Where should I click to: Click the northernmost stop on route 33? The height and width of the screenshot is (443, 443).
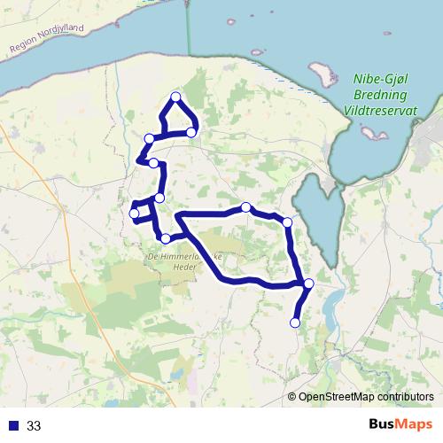(175, 97)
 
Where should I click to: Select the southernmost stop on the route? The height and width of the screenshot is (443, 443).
(295, 323)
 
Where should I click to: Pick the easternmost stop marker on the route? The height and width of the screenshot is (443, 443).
(308, 284)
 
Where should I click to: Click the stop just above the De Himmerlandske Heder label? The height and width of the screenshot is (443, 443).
(166, 238)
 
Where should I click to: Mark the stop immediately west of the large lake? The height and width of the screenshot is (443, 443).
(287, 221)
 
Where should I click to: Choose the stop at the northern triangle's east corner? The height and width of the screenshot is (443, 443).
(191, 132)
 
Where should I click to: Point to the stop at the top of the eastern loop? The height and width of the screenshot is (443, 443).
(246, 207)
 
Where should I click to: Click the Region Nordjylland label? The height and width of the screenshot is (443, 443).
(46, 41)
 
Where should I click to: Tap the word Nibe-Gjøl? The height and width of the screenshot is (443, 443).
(378, 78)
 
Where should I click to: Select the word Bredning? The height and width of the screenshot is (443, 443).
(379, 94)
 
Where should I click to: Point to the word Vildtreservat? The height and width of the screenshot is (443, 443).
(379, 110)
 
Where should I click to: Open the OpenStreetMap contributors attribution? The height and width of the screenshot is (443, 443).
(366, 397)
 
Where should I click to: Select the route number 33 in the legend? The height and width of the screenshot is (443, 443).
(35, 426)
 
